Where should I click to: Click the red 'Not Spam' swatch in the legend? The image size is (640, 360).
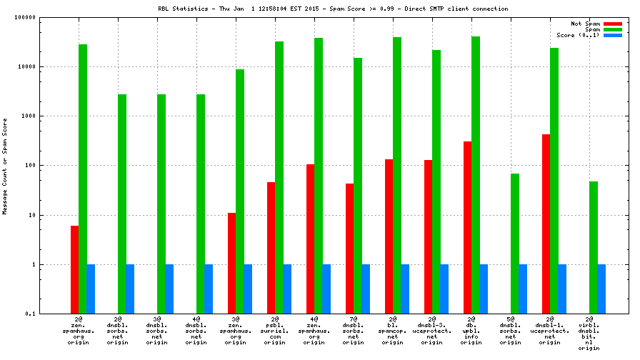613,24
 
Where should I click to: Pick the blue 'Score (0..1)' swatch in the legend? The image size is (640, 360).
613,35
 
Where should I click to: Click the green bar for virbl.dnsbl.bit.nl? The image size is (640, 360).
593,247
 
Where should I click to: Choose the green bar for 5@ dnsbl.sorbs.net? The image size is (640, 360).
514,243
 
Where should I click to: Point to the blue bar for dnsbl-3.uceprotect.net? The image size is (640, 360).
444,289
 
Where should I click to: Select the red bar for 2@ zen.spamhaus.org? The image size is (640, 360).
74,269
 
